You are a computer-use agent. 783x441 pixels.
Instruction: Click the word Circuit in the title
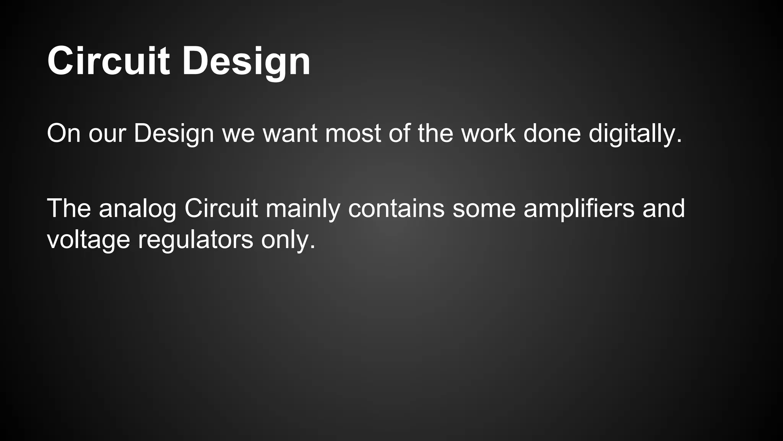(108, 61)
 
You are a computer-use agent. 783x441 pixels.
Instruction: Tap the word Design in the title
(246, 61)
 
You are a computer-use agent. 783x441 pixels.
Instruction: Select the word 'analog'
(137, 209)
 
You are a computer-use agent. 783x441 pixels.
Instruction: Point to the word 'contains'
(396, 209)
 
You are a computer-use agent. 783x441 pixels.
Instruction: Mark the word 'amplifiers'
(579, 209)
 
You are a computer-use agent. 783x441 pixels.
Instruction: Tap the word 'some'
(484, 209)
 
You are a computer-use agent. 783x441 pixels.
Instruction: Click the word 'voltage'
(88, 240)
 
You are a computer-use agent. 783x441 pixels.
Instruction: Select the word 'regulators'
(195, 240)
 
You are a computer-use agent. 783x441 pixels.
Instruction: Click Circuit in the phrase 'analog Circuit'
(221, 209)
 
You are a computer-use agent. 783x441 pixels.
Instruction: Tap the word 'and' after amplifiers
(663, 209)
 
